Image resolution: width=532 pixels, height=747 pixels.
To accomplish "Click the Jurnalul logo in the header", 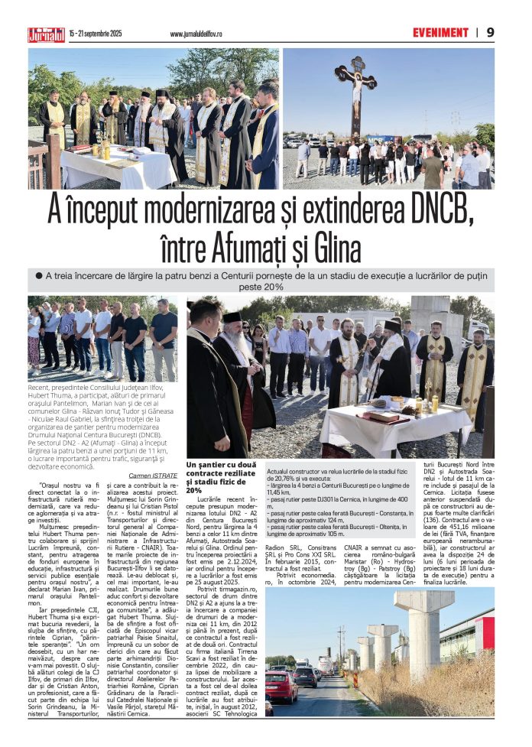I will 47,34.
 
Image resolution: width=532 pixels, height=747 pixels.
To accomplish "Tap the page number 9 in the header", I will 490,32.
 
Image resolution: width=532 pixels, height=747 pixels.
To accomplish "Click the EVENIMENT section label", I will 440,33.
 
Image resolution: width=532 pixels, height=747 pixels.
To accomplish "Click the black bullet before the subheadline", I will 37,274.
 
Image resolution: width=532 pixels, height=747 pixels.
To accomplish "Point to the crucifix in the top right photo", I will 356,92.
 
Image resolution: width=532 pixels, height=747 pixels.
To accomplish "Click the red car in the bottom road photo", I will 281,686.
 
